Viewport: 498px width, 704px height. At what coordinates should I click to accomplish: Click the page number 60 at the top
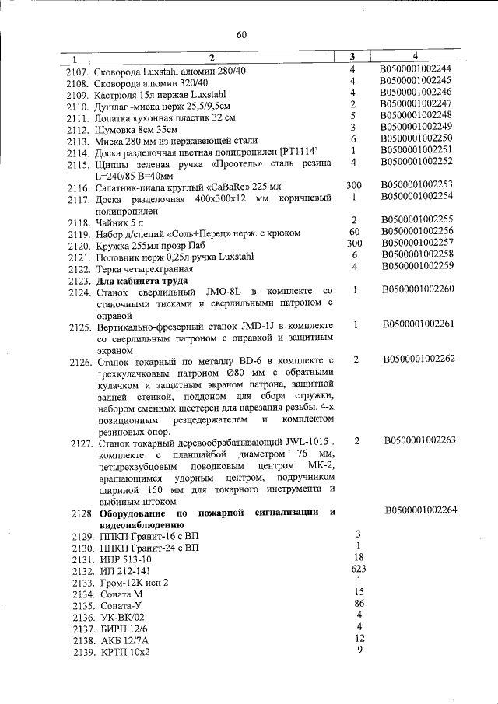(241, 34)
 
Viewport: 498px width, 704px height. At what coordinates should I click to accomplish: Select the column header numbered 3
(352, 57)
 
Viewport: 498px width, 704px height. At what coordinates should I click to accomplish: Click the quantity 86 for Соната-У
(359, 603)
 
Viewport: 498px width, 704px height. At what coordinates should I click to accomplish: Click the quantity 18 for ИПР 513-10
(358, 557)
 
